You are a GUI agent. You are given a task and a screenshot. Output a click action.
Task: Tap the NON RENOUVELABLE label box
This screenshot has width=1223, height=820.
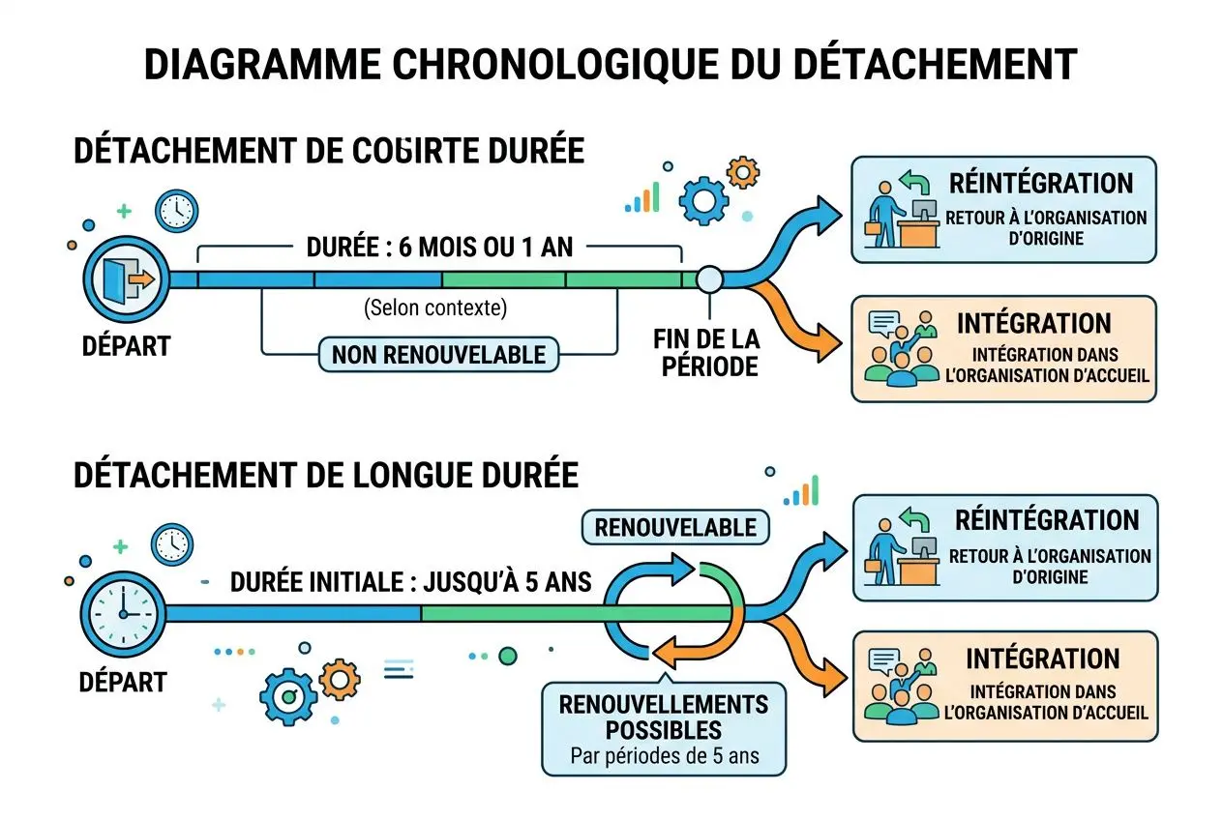click(438, 355)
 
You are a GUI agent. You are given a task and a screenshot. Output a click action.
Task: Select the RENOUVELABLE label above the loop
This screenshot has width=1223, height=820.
click(674, 528)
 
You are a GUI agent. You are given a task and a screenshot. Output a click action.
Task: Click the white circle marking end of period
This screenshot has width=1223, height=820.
click(709, 279)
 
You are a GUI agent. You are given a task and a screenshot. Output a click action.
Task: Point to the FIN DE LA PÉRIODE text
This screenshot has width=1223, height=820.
click(706, 353)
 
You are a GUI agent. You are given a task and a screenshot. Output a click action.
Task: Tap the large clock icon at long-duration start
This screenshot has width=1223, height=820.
click(123, 613)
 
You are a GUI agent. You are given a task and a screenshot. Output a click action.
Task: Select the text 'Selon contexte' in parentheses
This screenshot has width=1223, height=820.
click(435, 308)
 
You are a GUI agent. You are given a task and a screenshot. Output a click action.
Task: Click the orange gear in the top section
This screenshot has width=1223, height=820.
click(742, 173)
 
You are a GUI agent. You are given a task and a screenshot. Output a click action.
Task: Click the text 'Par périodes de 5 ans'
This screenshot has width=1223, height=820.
click(664, 756)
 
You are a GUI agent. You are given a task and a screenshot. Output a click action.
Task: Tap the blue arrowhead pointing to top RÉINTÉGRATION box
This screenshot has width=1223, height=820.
click(827, 209)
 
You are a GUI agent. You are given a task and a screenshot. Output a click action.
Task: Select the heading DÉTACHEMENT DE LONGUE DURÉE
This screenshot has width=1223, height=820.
click(326, 476)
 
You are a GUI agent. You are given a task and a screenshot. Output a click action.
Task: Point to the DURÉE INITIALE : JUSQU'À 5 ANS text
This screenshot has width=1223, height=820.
click(411, 582)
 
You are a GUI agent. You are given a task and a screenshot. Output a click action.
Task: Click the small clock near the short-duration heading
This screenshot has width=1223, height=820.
click(177, 210)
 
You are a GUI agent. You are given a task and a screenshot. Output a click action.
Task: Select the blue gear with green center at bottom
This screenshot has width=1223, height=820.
click(287, 696)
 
